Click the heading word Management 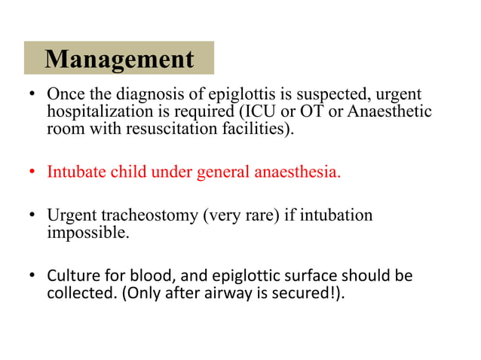pyautogui.click(x=119, y=59)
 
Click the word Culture pyautogui.click(x=72, y=276)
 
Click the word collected pyautogui.click(x=80, y=293)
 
